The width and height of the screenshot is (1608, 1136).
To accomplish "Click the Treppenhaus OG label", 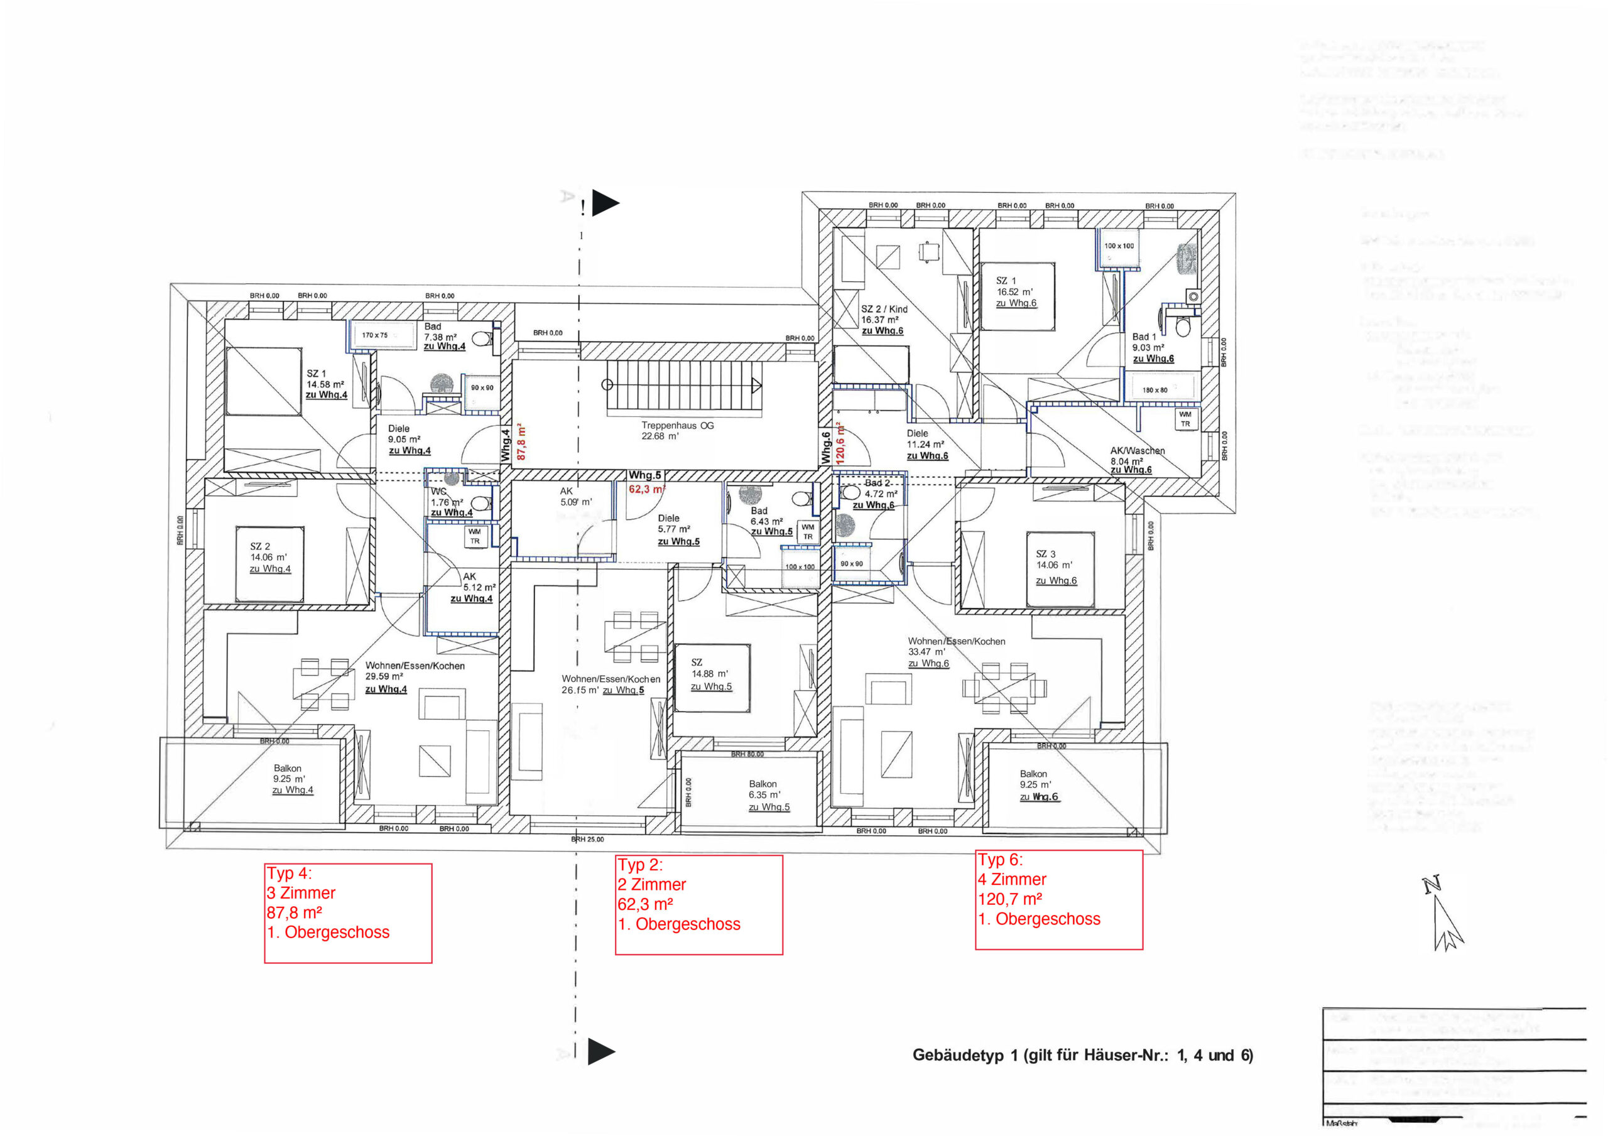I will pos(676,430).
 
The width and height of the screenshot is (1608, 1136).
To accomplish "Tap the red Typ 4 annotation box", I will pos(347,912).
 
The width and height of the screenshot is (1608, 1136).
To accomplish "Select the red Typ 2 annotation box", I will pos(698,904).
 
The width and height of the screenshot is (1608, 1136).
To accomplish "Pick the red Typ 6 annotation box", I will pos(1058,899).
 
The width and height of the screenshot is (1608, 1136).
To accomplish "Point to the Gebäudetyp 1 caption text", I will pos(1082,1055).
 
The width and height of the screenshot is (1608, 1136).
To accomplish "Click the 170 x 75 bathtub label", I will pos(375,335).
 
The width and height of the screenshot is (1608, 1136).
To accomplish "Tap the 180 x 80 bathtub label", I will pos(1155,390).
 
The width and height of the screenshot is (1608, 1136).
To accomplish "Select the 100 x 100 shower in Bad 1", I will pos(1119,247).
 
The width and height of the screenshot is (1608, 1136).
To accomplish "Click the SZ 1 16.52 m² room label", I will pos(1016,291).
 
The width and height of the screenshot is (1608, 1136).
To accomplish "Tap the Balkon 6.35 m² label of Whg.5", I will pos(768,795).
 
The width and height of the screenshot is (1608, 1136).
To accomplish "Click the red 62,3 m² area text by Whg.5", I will pos(646,489).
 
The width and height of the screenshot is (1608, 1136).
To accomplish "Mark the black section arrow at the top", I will pos(605,203).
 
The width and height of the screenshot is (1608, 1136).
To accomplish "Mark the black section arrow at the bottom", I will pos(601,1051).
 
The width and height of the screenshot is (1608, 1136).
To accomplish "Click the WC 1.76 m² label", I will pos(450,502).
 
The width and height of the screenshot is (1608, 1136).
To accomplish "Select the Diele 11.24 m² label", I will pos(926,444).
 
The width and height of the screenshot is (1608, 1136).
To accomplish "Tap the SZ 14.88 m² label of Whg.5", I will pos(710,674).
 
